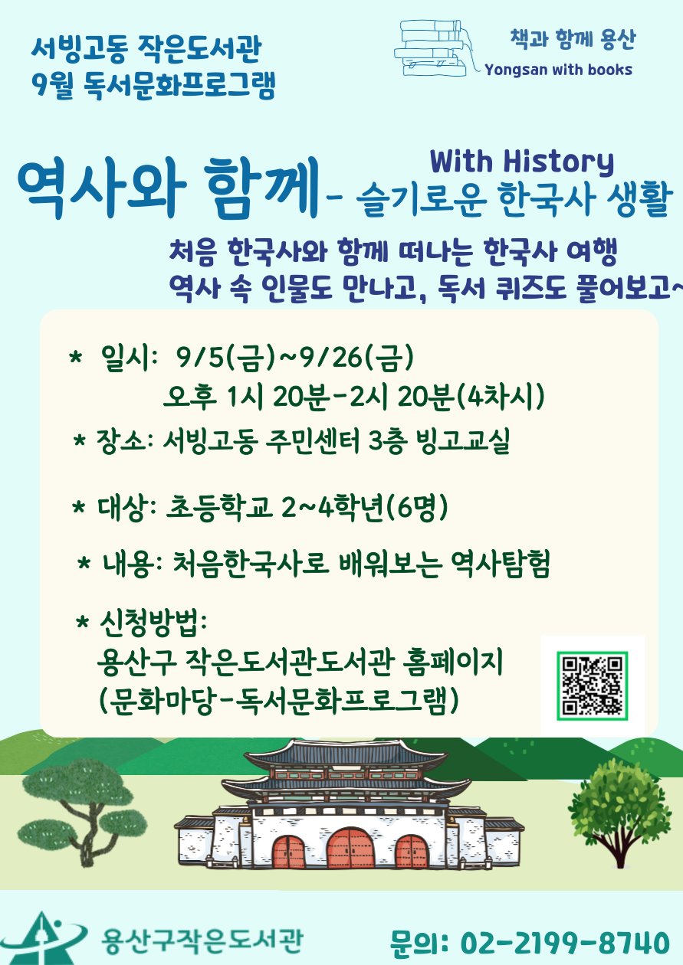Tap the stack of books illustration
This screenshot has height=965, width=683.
(433, 48)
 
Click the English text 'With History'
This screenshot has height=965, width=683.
(522, 162)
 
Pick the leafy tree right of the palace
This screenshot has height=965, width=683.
(619, 814)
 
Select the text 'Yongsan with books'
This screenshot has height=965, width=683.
(558, 70)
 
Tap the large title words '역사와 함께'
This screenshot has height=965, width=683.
(168, 188)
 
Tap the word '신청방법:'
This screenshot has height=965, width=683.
(153, 623)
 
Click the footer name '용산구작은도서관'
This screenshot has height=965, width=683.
(202, 940)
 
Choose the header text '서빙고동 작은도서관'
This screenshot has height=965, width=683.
(146, 49)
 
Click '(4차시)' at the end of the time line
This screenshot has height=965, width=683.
(500, 397)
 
